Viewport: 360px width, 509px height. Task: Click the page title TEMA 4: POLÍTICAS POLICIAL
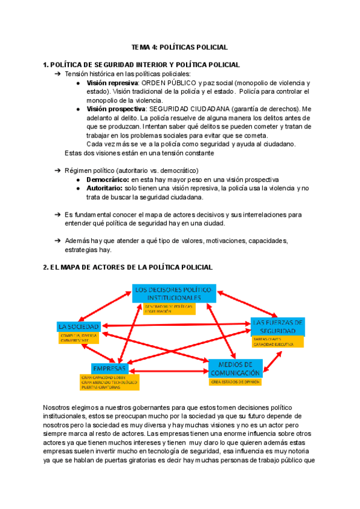179,47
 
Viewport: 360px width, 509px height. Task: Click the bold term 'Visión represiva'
112,82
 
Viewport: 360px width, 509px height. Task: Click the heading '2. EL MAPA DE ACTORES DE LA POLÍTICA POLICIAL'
128,267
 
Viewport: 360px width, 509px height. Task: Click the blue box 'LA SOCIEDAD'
79,327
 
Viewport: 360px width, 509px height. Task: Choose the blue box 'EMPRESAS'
109,367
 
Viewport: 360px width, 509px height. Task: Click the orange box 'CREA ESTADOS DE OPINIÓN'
235,381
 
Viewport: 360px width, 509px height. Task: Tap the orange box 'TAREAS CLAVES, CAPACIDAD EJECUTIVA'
278,342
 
